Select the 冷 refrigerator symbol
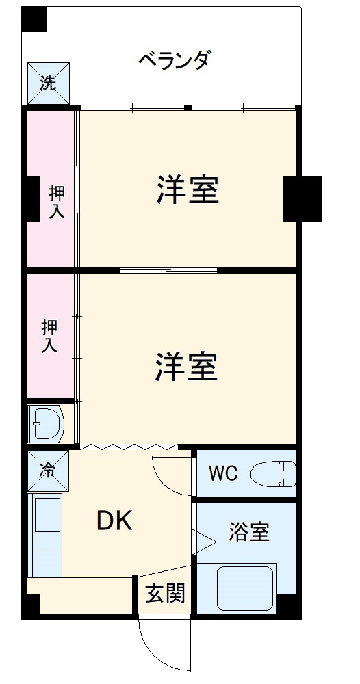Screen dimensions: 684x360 [x=48, y=470]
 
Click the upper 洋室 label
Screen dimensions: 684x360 [x=188, y=190]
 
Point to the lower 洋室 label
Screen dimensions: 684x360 [x=186, y=367]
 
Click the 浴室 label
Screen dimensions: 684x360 [x=248, y=532]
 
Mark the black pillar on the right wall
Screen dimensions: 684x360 [x=302, y=198]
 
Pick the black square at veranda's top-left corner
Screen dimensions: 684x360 [x=34, y=20]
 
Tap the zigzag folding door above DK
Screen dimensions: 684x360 [x=130, y=447]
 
